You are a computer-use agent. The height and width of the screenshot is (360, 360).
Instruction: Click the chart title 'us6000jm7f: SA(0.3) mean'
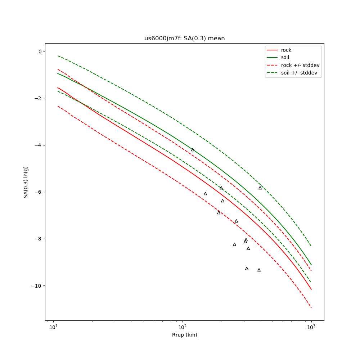click(x=184, y=39)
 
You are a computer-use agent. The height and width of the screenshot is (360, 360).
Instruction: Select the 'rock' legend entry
click(x=286, y=50)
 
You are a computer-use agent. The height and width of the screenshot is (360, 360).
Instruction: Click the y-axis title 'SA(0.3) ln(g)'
click(x=26, y=182)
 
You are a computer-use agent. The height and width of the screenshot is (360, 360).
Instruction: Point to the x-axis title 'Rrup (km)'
click(x=184, y=335)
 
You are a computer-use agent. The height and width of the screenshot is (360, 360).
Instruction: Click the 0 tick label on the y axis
click(x=40, y=51)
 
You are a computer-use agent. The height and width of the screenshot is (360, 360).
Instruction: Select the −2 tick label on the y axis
click(x=38, y=98)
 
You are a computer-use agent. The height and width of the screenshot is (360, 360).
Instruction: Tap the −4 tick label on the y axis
click(x=38, y=145)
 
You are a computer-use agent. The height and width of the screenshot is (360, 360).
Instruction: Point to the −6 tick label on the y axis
click(x=38, y=192)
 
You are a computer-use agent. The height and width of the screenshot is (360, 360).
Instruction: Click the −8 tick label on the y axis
click(x=38, y=239)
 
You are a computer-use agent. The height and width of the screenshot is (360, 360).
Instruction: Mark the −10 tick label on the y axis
click(x=36, y=286)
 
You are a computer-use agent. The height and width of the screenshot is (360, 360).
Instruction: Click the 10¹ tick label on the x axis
click(x=54, y=327)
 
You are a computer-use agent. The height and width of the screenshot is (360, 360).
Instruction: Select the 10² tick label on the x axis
click(x=183, y=327)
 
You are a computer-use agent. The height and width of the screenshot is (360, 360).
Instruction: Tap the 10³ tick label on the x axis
click(x=311, y=327)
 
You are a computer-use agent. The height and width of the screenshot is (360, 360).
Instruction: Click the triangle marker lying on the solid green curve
click(x=193, y=149)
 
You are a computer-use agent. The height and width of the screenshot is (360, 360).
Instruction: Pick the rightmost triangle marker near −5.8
click(x=260, y=188)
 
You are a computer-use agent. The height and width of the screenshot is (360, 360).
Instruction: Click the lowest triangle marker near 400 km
click(x=259, y=270)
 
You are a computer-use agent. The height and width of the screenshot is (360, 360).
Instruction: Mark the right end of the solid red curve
click(x=311, y=289)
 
